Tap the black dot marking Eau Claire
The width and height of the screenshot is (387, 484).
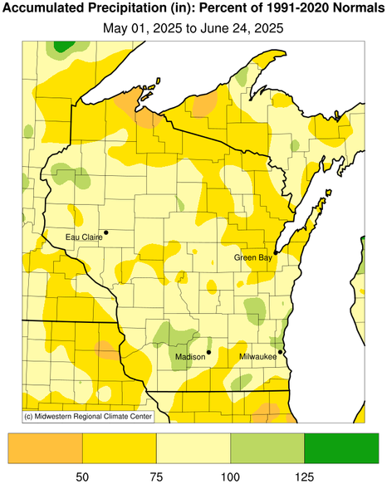point(105,232)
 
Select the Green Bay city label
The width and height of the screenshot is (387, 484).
point(252,257)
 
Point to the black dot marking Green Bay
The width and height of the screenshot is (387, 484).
point(276,252)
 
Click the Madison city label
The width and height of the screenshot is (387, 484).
point(190,357)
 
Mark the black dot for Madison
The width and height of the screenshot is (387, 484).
point(208,352)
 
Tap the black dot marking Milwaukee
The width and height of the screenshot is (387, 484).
point(280,352)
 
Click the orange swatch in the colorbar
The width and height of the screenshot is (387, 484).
point(46,447)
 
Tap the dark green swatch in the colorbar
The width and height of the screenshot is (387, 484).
point(341,447)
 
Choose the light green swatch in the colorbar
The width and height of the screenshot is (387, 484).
point(267,447)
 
